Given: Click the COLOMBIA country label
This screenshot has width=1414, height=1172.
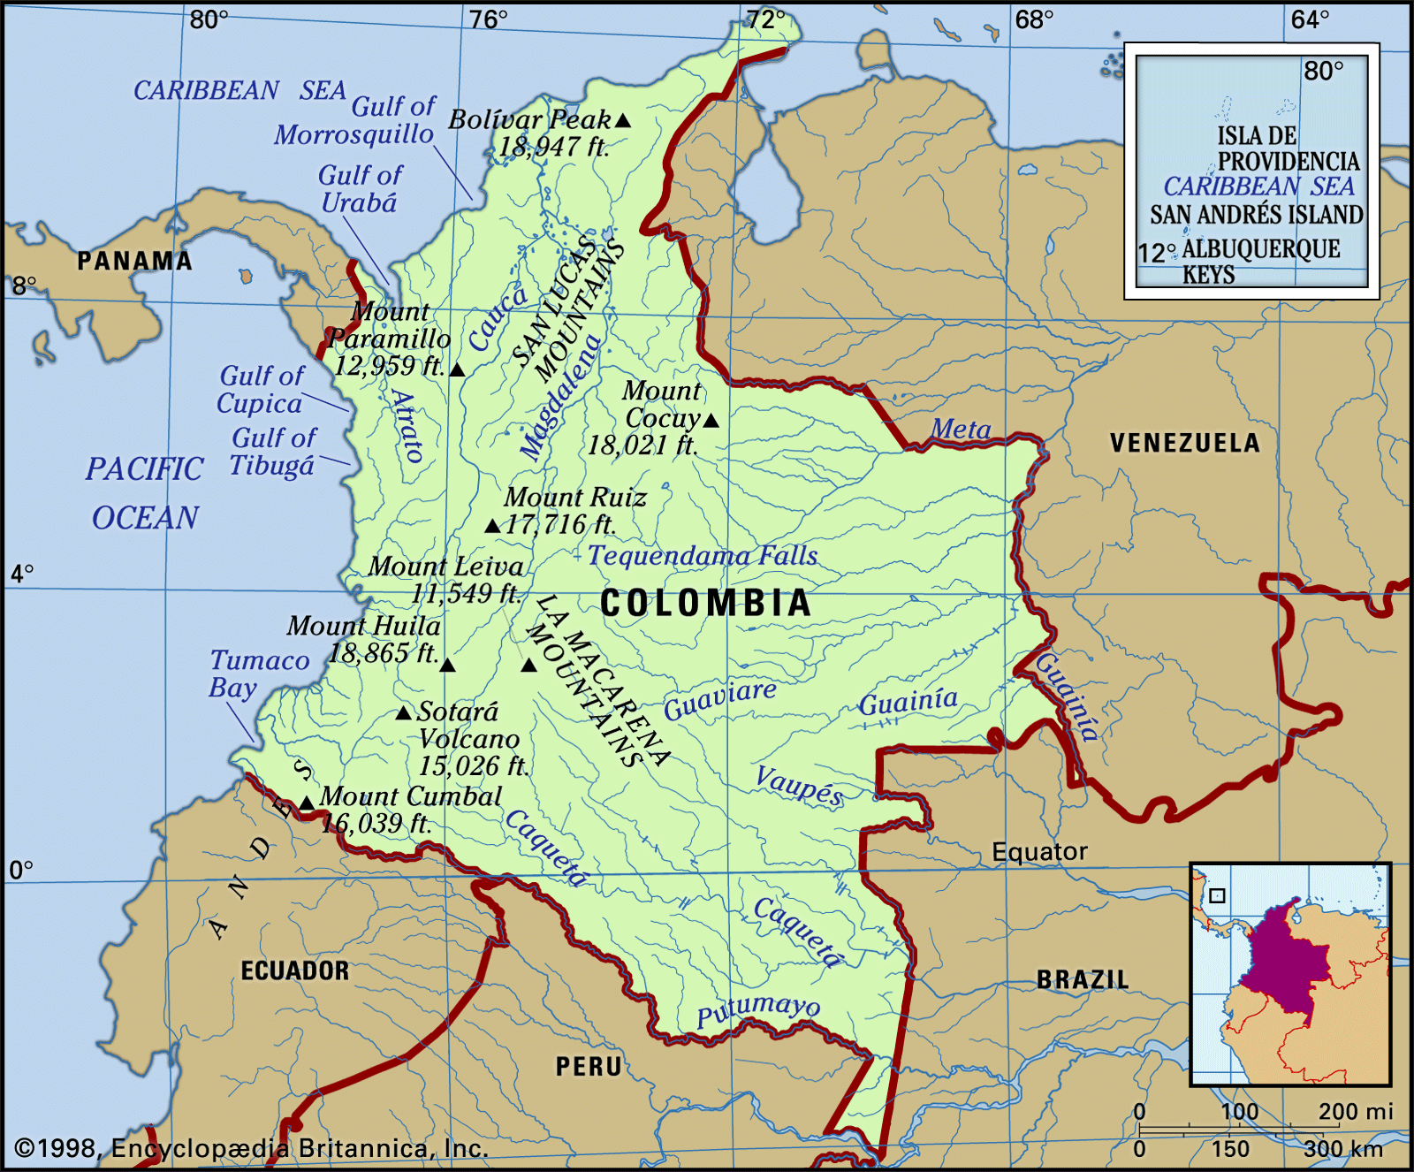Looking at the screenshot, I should pos(705,603).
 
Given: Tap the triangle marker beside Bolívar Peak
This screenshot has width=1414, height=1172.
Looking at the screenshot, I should pos(623,120).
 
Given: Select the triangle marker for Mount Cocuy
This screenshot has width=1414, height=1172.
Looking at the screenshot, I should pos(711,421).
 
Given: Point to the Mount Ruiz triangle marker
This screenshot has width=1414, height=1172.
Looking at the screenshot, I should pos(493,526).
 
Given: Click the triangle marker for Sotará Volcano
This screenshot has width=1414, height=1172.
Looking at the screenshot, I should pos(404,712).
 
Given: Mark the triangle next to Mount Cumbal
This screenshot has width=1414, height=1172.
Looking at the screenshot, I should pos(306,803).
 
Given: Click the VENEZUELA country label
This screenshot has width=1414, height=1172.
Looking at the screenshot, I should pos(1184,443).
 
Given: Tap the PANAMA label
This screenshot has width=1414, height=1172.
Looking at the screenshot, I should pos(134,261).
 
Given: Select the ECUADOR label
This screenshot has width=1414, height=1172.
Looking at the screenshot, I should pos(295,970).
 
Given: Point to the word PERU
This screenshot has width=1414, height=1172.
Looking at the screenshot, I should pos(589,1066).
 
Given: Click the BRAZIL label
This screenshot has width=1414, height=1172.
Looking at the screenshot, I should pos(1083,979).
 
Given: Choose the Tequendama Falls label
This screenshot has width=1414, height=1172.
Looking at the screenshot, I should pos(703,556).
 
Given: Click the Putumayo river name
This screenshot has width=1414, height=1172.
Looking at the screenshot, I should pos(758,1009).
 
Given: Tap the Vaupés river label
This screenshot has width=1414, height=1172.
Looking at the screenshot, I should pos(799,784).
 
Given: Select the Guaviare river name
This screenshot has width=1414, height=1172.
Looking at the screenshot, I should pos(720,700).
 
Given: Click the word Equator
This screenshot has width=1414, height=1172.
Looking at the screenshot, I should pos(1039,852).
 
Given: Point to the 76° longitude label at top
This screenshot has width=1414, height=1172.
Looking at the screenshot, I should pos(489,19).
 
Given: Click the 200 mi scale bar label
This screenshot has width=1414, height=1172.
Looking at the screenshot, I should pos(1355,1111).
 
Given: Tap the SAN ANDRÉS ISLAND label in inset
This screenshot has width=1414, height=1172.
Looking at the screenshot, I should pos(1256,215).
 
